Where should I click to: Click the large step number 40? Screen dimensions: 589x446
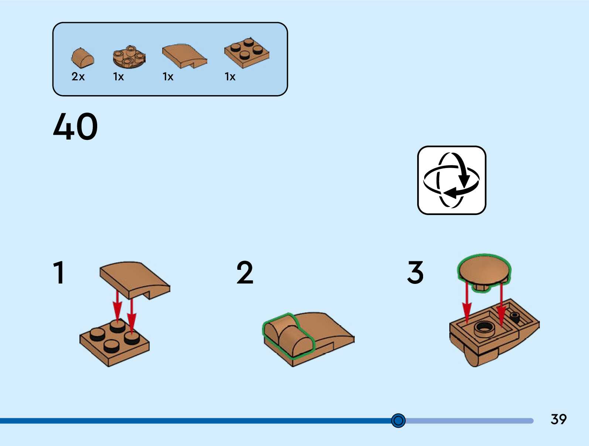point(75,127)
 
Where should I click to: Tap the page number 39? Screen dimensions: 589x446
point(558,419)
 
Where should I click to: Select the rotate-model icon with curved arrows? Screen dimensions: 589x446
point(452,180)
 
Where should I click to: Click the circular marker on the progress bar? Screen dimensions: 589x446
point(398,420)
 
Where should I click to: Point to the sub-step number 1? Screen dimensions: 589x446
point(59,272)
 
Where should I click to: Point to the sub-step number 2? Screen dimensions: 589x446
point(245,272)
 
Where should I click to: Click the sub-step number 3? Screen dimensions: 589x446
point(415,272)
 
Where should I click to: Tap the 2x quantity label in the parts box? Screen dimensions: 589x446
point(78,77)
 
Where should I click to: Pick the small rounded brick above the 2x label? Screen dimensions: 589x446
point(82,58)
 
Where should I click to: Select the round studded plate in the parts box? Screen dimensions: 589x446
point(129,57)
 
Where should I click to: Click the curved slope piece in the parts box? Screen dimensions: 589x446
point(184,56)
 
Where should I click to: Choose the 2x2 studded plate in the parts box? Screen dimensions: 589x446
point(246,53)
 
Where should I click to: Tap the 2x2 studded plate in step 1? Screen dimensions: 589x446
point(114,343)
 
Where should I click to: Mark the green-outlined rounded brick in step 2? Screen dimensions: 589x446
point(288,335)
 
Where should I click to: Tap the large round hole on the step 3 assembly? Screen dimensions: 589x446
point(484,328)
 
